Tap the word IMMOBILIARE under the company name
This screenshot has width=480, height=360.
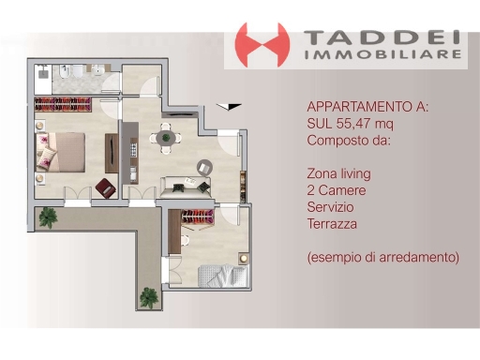[x=385, y=55]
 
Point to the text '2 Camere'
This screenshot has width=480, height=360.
[x=336, y=189]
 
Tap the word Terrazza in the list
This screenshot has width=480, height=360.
[x=334, y=223]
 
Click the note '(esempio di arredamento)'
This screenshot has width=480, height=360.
[x=382, y=256]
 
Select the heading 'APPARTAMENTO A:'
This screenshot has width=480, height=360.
[x=367, y=106]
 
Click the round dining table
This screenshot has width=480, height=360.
[x=166, y=139]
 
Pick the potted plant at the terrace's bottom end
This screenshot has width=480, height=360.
[x=148, y=298]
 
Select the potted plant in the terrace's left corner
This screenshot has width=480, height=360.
[x=47, y=218]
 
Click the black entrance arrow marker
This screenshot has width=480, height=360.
[x=233, y=107]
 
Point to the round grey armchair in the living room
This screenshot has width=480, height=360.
[x=203, y=166]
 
